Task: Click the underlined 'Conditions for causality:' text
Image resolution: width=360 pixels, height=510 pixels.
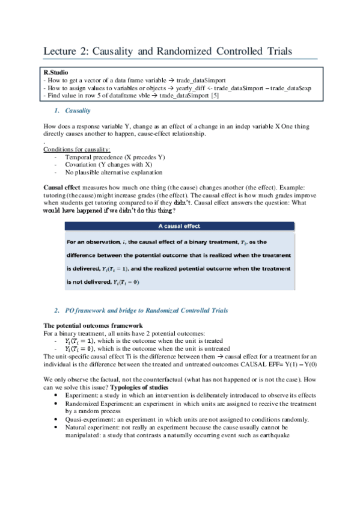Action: click(x=77, y=149)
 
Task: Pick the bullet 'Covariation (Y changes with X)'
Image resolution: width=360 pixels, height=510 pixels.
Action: click(x=109, y=164)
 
